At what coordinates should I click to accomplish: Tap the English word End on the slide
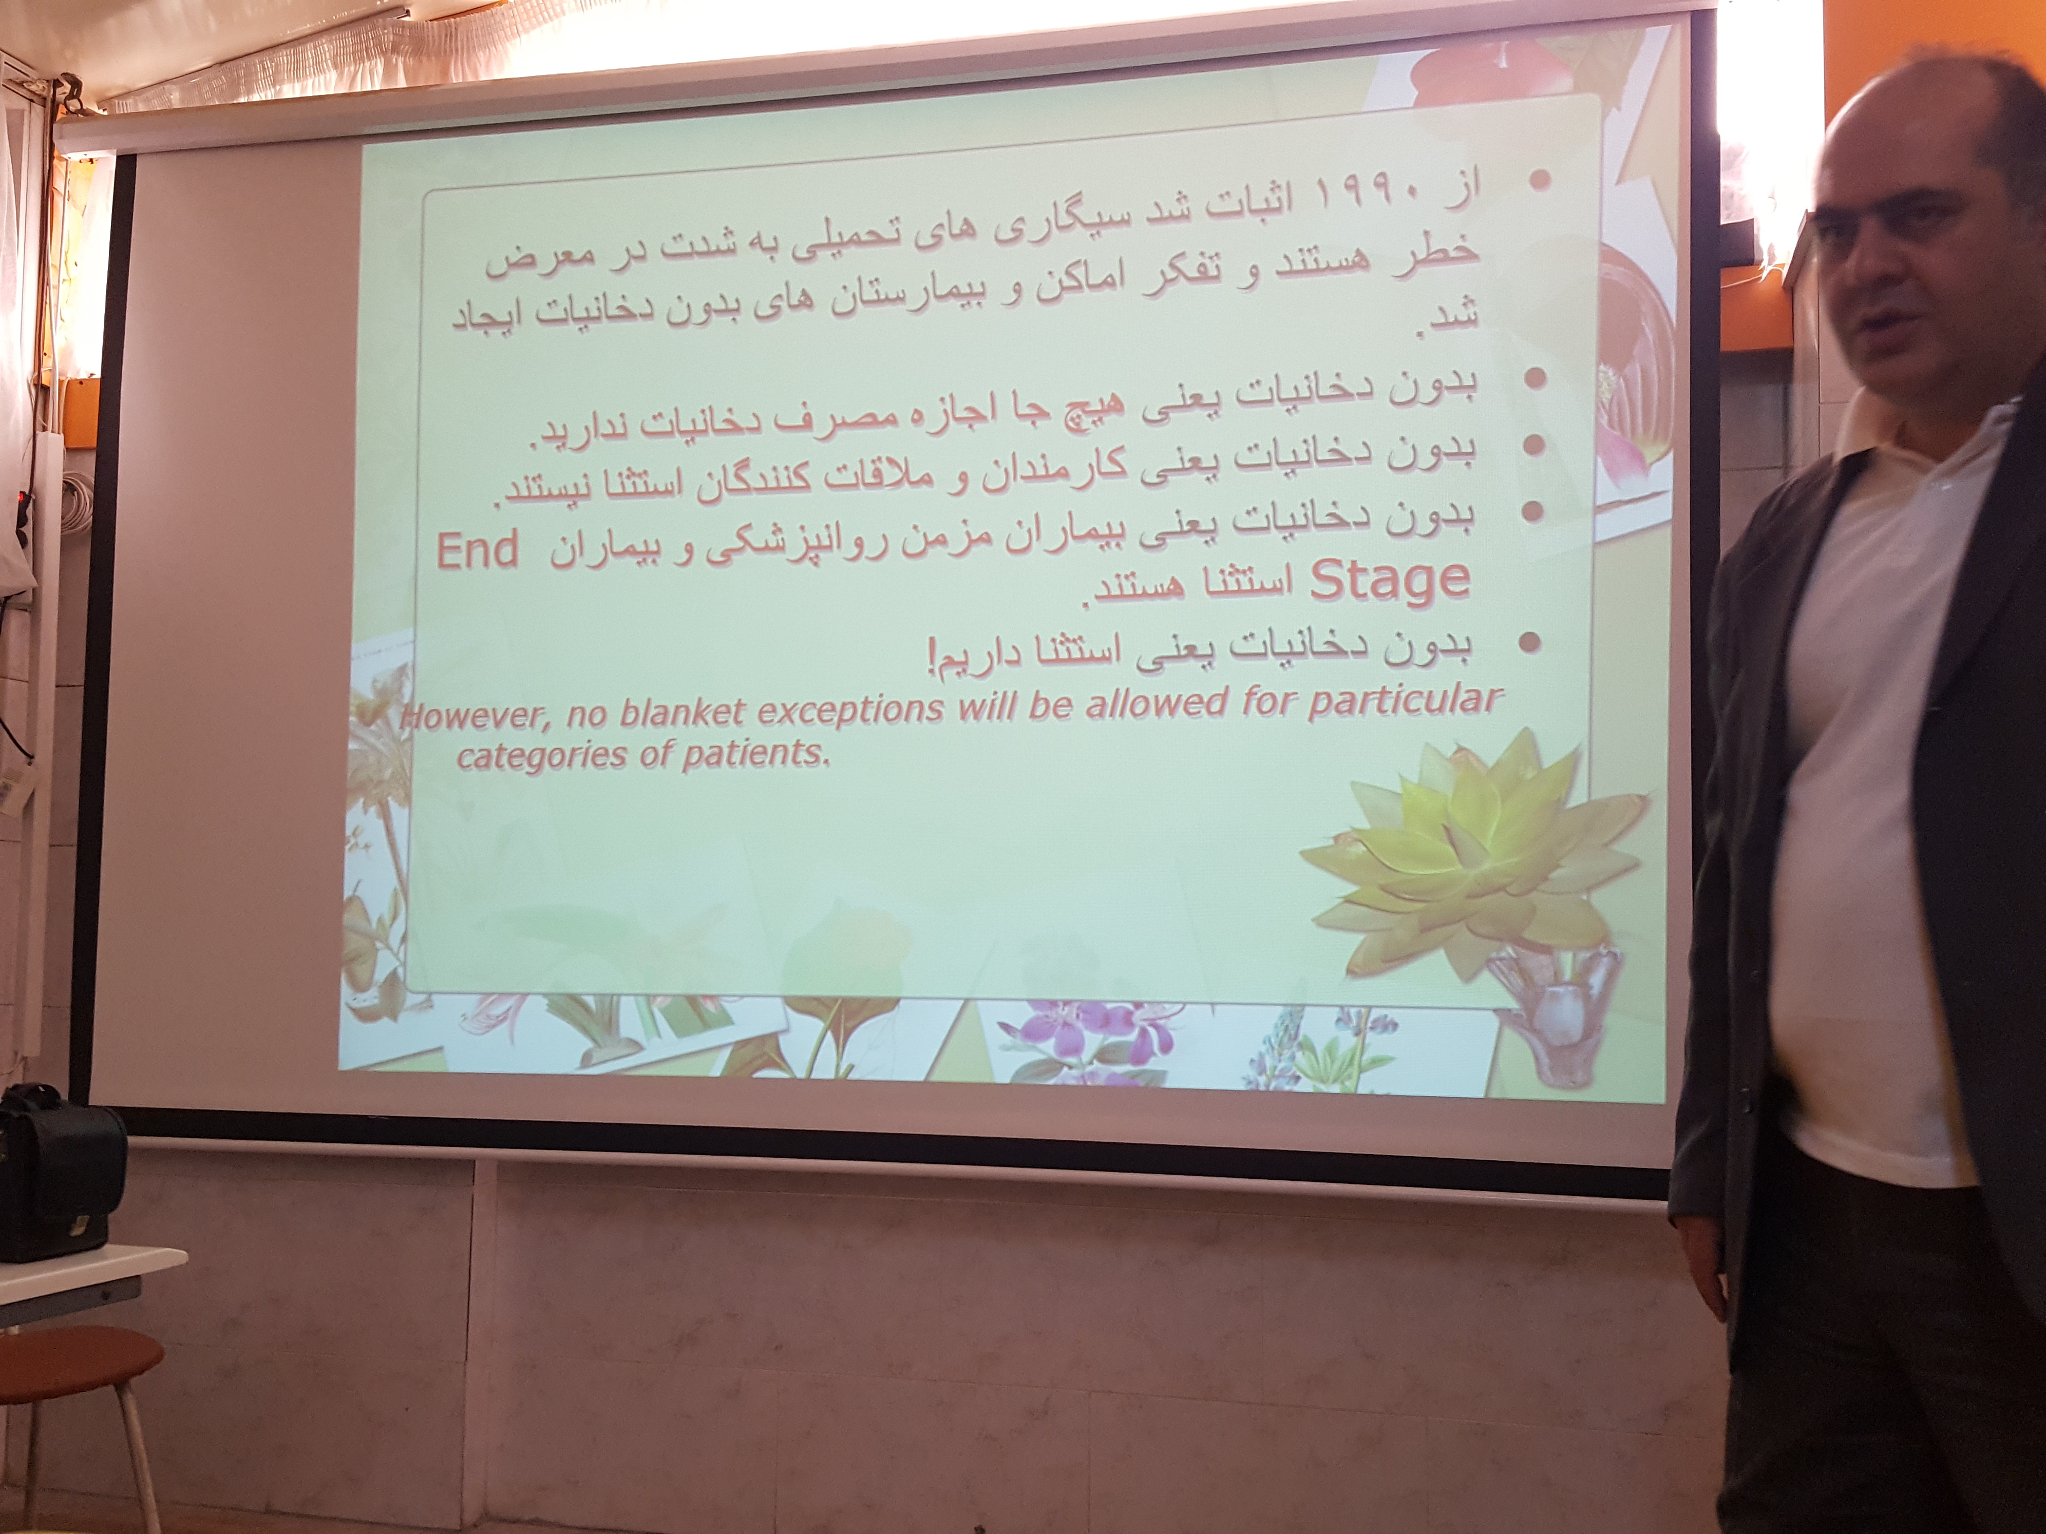click(477, 553)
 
